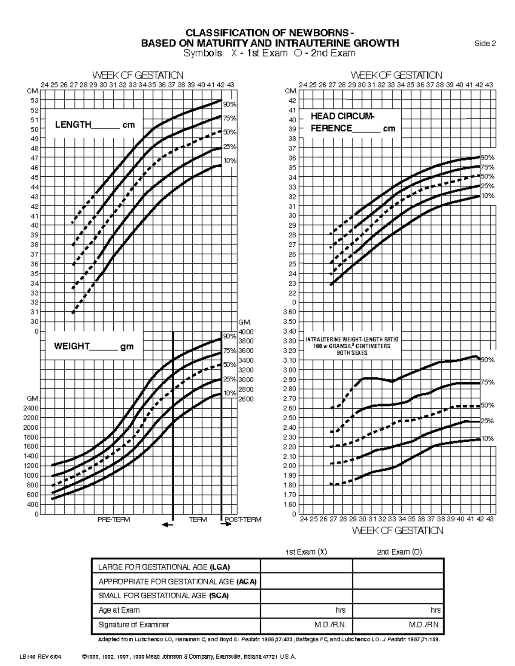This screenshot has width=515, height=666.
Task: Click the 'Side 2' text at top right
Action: [x=485, y=43]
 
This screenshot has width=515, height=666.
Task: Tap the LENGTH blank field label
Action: [x=94, y=125]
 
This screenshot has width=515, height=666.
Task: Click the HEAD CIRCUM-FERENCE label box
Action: [x=353, y=122]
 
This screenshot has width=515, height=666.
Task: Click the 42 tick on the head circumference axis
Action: [x=292, y=100]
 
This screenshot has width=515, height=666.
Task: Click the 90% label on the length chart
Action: [x=230, y=104]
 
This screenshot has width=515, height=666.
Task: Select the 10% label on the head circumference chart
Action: [x=488, y=196]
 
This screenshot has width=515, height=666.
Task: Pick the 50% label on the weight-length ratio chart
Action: [x=488, y=405]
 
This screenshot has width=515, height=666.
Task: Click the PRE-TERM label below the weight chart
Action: [x=114, y=519]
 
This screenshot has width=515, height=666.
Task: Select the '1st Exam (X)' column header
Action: [x=306, y=552]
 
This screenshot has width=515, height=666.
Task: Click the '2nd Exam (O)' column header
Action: [x=399, y=552]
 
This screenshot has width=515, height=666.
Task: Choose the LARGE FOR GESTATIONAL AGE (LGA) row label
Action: [x=164, y=567]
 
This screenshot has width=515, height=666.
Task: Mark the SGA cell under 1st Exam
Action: [x=306, y=596]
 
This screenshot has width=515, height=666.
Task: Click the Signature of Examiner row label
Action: [x=133, y=625]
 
